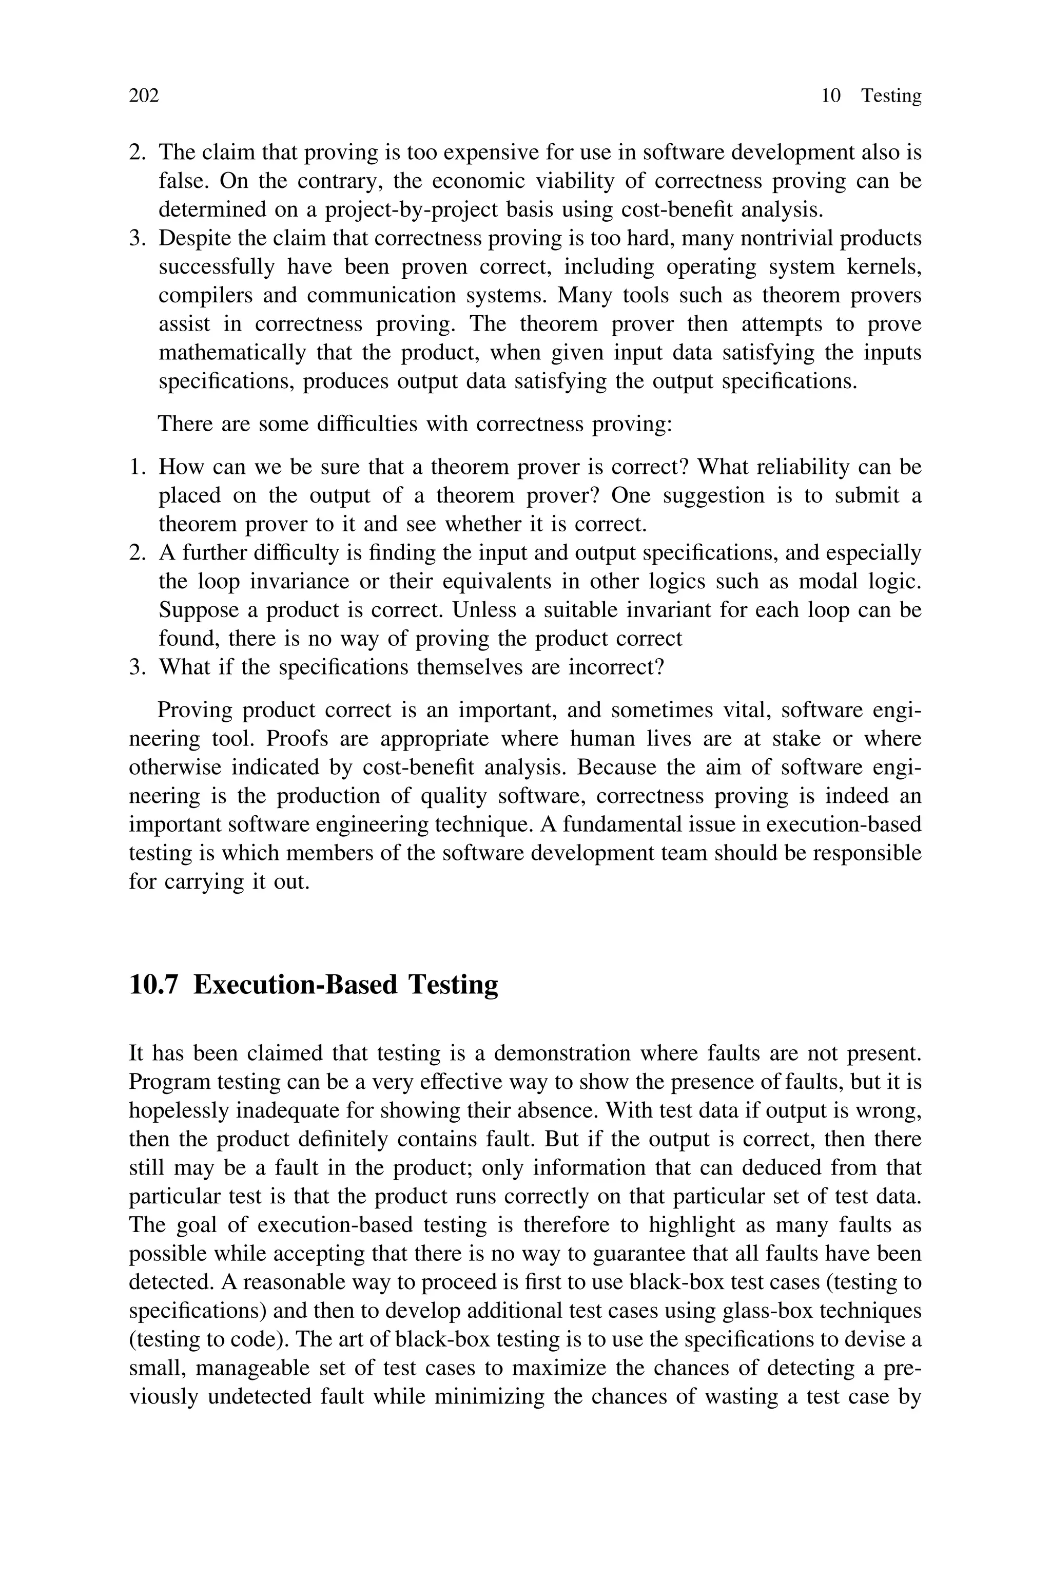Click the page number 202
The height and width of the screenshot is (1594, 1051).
[144, 96]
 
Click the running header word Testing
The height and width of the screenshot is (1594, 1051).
[891, 96]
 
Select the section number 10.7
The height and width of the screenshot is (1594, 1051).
[153, 985]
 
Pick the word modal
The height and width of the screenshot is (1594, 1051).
[827, 581]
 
